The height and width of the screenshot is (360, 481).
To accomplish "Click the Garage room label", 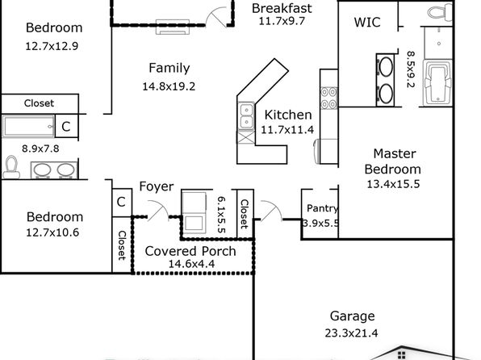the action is [x=352, y=316].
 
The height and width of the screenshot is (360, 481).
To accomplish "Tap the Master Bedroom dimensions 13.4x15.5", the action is [x=393, y=184].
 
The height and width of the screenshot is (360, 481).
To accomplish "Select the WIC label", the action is [x=367, y=22].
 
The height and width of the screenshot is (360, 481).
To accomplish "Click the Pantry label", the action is [x=322, y=208].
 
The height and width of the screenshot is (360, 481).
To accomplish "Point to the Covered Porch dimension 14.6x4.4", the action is [x=191, y=264].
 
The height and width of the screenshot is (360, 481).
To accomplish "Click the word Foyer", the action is [x=157, y=186].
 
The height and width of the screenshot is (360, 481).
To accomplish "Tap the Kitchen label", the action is [x=288, y=115].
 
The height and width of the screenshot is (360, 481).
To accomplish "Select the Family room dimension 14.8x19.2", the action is [x=169, y=86].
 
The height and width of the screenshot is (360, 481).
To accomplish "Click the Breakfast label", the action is [x=282, y=8].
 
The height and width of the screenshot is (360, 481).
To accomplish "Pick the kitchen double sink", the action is [x=246, y=115].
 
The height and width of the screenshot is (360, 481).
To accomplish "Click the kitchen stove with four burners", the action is [x=328, y=98].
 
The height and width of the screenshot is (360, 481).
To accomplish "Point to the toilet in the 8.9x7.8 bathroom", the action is [x=11, y=167].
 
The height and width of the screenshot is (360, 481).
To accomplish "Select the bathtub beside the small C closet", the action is [x=28, y=126].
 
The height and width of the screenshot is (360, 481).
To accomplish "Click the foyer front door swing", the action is [x=158, y=210].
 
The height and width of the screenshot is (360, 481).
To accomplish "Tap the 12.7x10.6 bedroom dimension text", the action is [x=52, y=232].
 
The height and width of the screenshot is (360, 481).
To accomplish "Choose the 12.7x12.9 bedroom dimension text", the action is [x=52, y=46].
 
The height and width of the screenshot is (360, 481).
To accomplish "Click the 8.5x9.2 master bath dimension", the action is [x=411, y=69].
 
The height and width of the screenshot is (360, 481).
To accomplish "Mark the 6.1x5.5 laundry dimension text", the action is [x=221, y=215].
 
